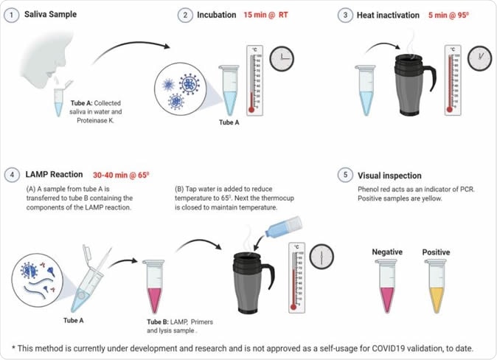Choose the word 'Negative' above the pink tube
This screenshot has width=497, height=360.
coord(386,252)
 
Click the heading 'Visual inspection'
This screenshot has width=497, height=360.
coord(389,176)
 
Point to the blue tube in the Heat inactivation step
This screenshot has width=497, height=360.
coord(366,89)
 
